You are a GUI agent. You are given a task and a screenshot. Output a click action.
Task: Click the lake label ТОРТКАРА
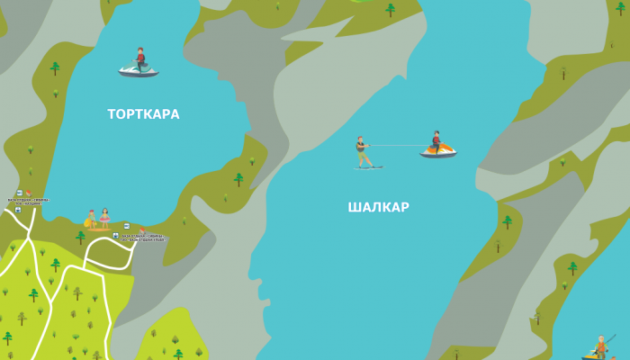click(143, 114)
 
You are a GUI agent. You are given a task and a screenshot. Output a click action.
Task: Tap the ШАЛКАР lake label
click(378, 207)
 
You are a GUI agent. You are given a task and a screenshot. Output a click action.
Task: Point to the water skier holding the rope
click(362, 152)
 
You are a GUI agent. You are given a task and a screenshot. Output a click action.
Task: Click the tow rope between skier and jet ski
click(396, 145)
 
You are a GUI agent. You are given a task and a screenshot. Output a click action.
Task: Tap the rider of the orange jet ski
click(436, 140)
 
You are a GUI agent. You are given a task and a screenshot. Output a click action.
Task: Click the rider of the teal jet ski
click(139, 58)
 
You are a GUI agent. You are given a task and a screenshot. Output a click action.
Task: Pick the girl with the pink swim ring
click(104, 218)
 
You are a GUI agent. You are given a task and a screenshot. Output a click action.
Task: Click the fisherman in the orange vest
click(601, 346)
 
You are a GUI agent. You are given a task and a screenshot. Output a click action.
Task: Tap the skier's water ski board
click(368, 167)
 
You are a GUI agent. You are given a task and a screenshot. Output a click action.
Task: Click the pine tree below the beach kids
click(80, 238)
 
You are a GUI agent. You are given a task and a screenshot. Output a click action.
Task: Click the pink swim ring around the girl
click(104, 220)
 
